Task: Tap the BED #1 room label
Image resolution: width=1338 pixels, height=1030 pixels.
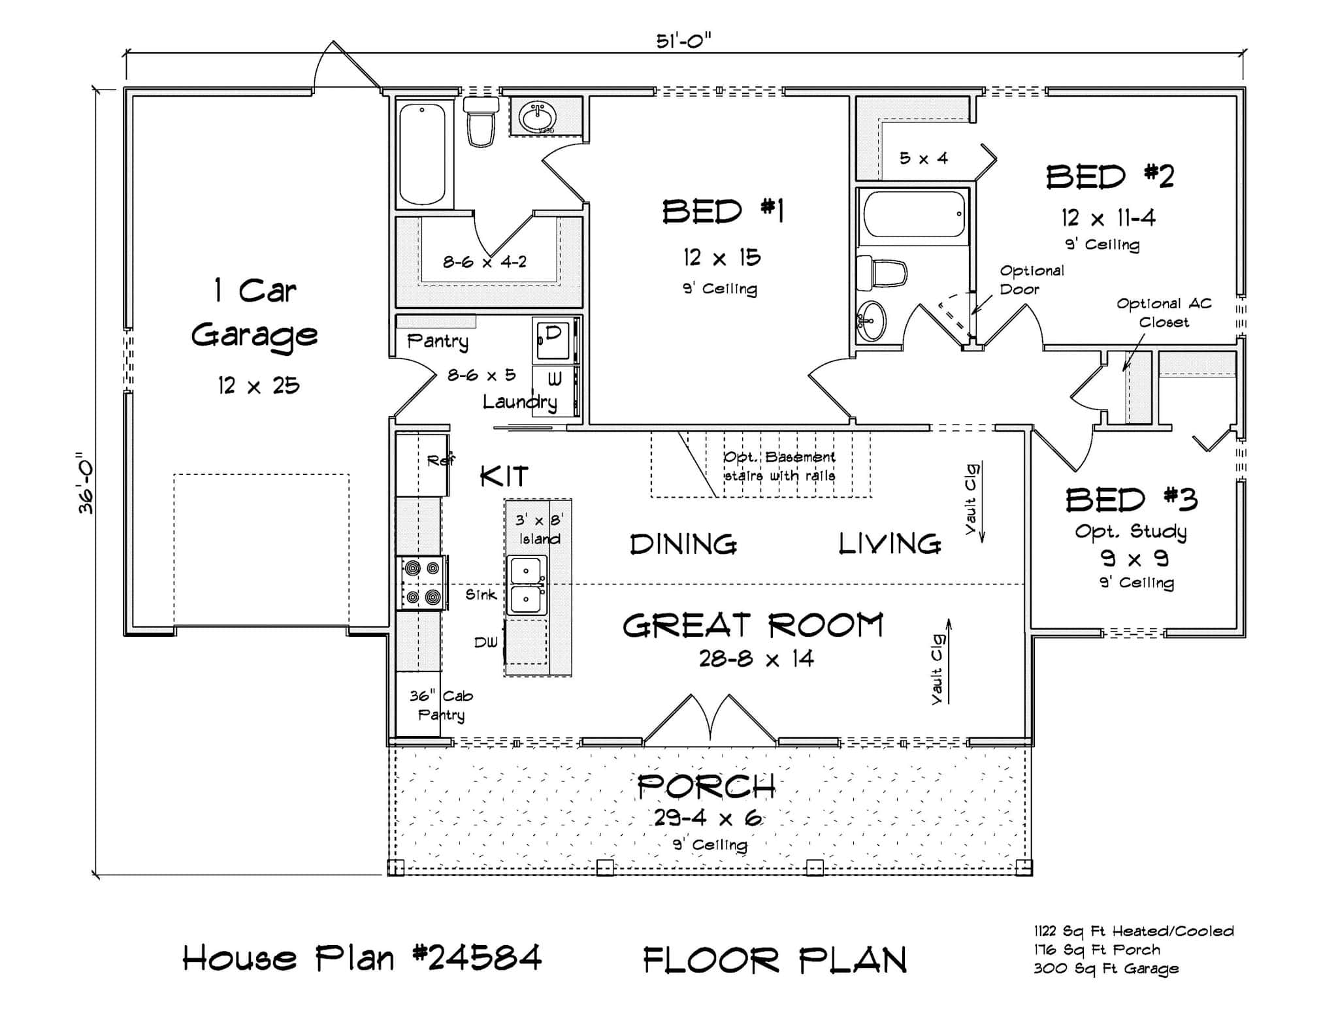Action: tap(723, 212)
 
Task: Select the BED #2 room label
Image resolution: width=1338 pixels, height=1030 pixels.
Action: tap(1109, 177)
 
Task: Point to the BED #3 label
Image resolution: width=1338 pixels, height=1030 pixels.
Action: tap(1132, 500)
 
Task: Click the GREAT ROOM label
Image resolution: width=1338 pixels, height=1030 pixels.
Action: tap(753, 626)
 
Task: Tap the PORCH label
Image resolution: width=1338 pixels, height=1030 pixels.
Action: tap(706, 786)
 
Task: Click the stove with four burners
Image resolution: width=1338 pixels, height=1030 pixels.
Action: tap(422, 583)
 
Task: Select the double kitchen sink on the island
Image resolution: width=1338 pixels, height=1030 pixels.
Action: tap(527, 585)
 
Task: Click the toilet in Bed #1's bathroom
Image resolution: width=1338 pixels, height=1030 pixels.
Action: tap(480, 123)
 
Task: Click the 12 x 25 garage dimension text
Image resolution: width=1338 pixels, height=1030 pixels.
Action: tap(259, 386)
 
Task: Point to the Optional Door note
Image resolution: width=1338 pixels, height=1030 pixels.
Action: tap(1031, 280)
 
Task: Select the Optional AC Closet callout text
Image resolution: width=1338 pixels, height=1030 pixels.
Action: tap(1164, 312)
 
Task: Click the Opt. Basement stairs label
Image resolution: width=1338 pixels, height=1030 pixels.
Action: tap(779, 466)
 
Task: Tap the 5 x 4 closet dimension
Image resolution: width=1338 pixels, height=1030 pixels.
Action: tap(923, 158)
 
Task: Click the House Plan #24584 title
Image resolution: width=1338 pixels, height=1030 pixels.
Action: tap(361, 958)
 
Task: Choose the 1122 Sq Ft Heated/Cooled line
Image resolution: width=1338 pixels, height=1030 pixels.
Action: tap(1134, 931)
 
